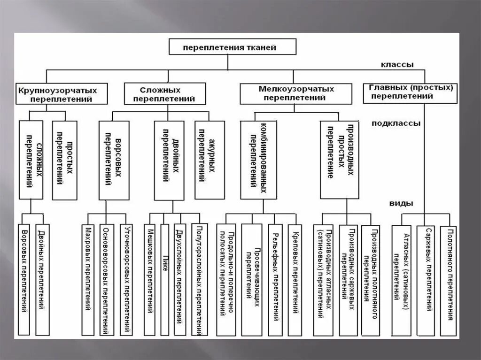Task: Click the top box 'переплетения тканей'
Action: point(233,47)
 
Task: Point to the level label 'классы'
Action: point(396,65)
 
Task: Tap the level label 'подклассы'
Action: point(396,123)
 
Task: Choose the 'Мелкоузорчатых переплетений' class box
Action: point(295,93)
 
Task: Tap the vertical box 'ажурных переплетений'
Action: point(209,160)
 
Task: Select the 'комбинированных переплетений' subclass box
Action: point(258,160)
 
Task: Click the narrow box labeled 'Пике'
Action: point(164,279)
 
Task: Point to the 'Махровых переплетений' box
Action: point(88,279)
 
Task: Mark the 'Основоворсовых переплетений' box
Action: point(107,279)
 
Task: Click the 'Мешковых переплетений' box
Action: point(149,279)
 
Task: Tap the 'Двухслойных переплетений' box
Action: point(180,279)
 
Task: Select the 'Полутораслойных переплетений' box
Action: point(200,279)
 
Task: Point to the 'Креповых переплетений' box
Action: point(295,279)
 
